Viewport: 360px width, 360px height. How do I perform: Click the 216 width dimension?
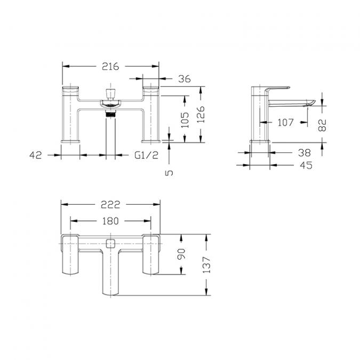110,66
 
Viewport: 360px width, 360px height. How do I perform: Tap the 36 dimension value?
185,79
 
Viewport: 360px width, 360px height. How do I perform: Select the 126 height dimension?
201,114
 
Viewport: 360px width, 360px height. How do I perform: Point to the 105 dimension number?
185,119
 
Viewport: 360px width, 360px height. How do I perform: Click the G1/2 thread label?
146,155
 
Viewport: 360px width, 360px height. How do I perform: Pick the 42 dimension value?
36,155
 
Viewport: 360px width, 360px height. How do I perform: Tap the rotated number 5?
169,173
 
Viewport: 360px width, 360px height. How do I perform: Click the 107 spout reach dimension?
285,122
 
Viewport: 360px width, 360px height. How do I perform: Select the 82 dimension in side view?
322,125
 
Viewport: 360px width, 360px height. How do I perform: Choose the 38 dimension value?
305,153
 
